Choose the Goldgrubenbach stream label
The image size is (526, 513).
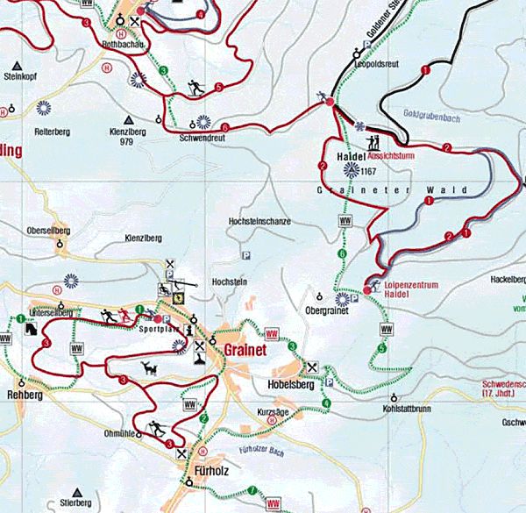(409, 115)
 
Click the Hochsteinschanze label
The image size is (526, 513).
(259, 222)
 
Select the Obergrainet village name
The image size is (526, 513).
(328, 310)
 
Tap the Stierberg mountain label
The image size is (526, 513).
(75, 503)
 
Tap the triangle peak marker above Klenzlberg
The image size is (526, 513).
(130, 119)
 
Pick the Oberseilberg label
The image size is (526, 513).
(48, 231)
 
